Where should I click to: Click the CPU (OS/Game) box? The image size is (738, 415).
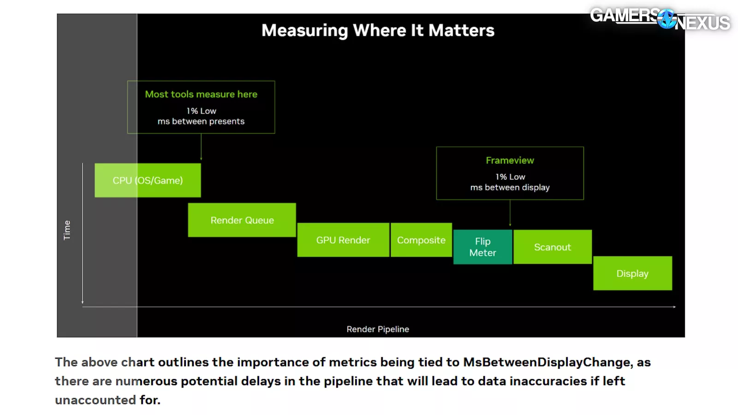coord(148,180)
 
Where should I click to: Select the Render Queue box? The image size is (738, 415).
coord(242,220)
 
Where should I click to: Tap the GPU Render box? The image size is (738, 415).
coord(343,240)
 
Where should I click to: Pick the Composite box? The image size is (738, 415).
coord(421,240)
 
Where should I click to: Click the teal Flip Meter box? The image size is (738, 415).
coord(482,247)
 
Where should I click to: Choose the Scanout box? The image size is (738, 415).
coord(552,247)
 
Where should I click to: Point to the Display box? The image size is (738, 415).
coord(632,273)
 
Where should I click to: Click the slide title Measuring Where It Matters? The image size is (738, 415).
coord(378,30)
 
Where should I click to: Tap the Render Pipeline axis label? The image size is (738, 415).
coord(378,329)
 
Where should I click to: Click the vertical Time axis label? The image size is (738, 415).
coord(67,230)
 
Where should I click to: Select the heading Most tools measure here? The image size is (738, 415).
coord(201,94)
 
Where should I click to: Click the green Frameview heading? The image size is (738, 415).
coord(510,160)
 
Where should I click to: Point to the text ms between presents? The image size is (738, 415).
coord(201,121)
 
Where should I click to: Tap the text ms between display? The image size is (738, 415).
coord(510,187)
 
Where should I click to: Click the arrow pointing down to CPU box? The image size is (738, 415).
coord(201,148)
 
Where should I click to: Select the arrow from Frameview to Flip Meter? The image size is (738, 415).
coord(510,213)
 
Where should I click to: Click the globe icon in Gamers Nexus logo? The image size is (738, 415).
coord(667,19)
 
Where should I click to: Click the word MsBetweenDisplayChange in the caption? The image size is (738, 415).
coord(548,362)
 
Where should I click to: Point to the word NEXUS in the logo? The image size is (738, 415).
coord(702,23)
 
